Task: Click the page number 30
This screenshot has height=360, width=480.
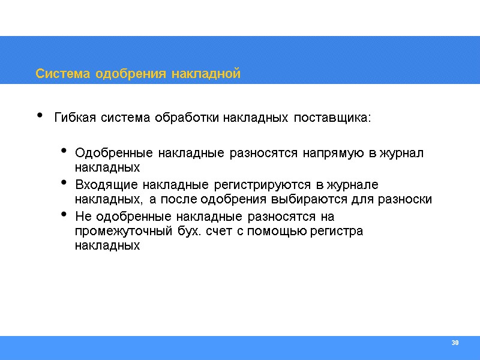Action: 454,343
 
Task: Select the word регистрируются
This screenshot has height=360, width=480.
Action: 265,184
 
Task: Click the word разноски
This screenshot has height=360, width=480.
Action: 408,199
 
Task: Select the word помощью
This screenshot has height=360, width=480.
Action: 272,231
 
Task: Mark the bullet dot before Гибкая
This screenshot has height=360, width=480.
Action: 40,115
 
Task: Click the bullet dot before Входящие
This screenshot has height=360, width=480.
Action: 65,183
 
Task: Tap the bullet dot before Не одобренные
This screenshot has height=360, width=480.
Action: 65,215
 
